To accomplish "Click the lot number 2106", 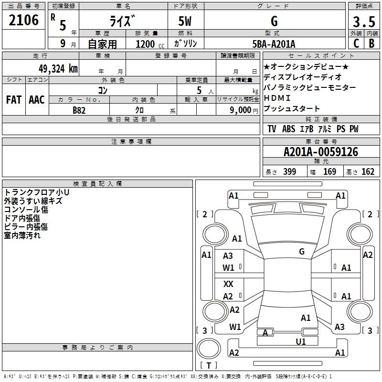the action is (x=23, y=20).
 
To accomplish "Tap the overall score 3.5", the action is (x=364, y=21).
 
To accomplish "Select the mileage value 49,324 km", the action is (x=58, y=69).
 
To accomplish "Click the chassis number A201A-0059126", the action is (x=321, y=152).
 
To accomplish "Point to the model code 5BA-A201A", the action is (x=274, y=44).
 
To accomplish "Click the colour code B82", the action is (x=79, y=110).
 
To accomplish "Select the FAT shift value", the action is (x=14, y=100).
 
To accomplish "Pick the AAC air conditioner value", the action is (x=37, y=100).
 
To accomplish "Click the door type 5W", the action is (x=185, y=21).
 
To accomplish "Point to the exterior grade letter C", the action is (x=356, y=43).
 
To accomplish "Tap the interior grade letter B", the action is (x=371, y=43).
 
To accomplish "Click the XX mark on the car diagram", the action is (x=228, y=284).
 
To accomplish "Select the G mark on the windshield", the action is (x=302, y=251).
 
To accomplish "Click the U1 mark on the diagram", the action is (x=301, y=341).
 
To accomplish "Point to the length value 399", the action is (x=290, y=171).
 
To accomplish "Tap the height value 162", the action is (x=368, y=171).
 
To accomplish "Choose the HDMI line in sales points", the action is (x=277, y=98).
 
